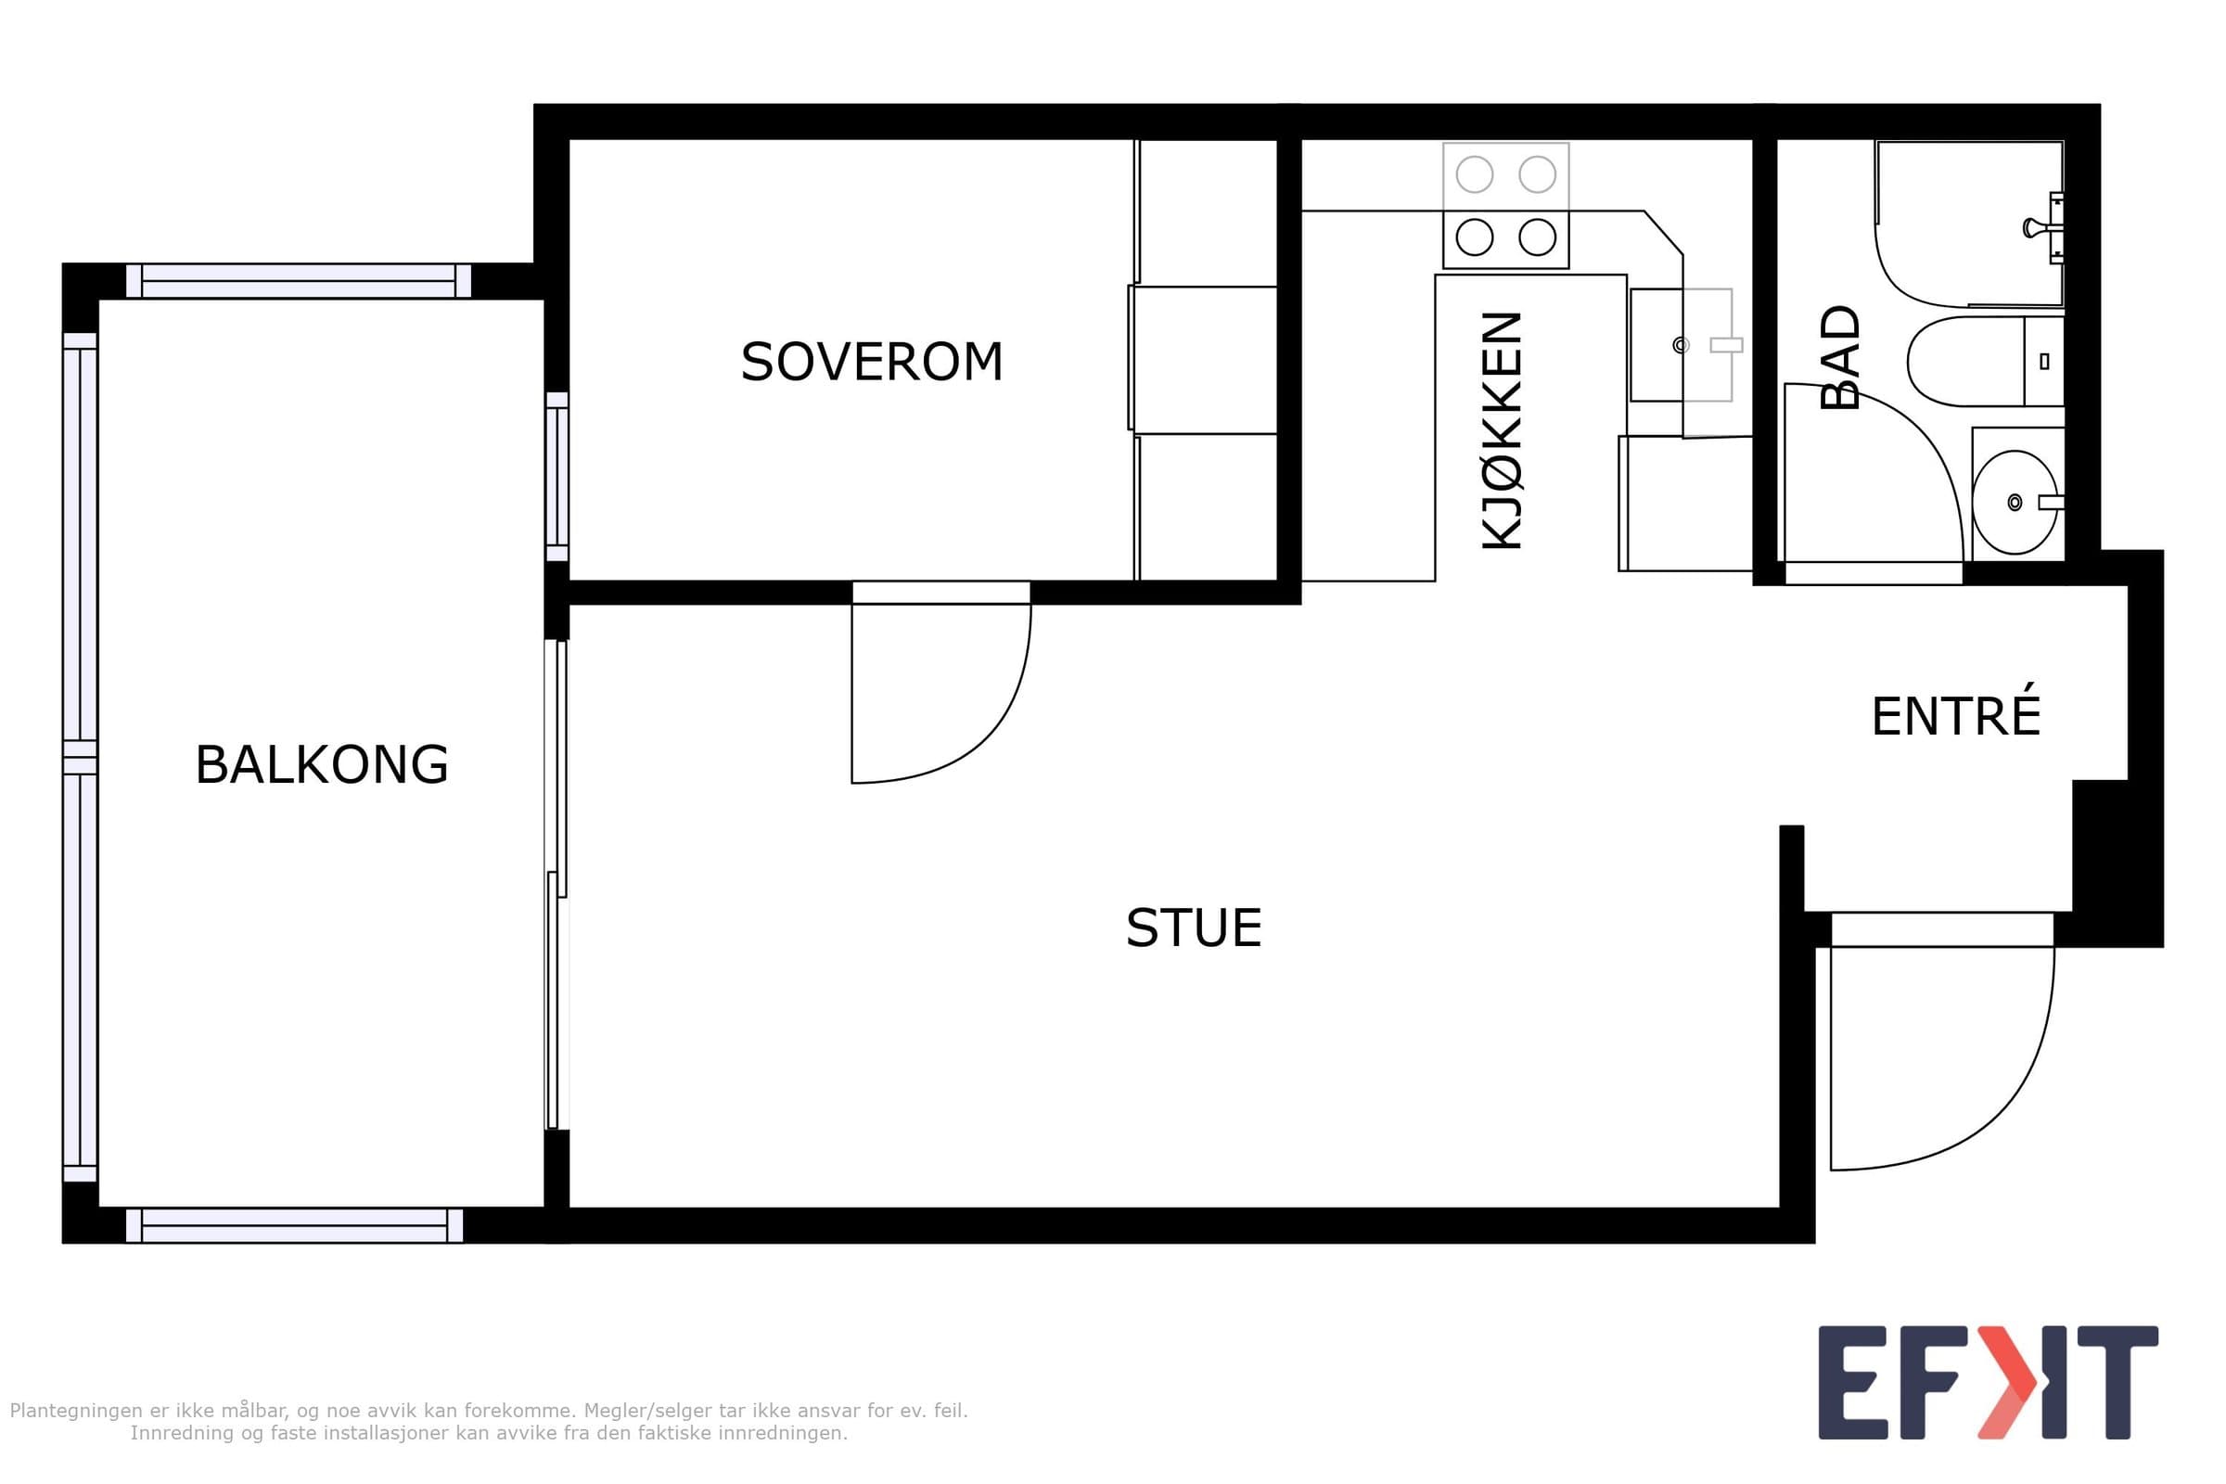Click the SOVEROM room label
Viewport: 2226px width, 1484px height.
click(871, 363)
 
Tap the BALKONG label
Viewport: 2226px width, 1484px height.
click(322, 764)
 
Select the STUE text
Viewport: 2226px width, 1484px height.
click(1194, 927)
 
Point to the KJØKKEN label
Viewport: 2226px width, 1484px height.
click(1502, 430)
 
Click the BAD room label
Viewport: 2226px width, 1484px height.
click(1840, 357)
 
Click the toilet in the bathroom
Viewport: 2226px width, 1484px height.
click(1985, 361)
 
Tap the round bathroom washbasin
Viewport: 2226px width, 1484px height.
click(2015, 502)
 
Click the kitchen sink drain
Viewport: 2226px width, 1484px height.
click(1681, 345)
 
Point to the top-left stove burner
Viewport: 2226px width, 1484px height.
click(1475, 174)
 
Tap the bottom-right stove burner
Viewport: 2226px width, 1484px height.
click(1537, 237)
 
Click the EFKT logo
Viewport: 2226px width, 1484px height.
click(1988, 1383)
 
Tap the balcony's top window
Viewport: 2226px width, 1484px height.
click(298, 281)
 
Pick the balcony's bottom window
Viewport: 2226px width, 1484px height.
click(294, 1225)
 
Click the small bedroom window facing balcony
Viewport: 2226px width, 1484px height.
click(557, 477)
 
